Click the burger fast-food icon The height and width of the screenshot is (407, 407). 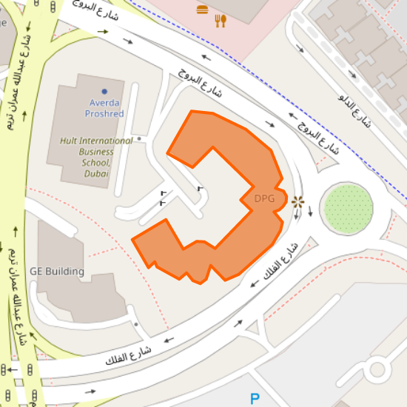(x=203, y=10)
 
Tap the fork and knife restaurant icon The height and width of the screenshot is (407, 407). (x=220, y=21)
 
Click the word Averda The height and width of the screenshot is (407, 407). (x=104, y=103)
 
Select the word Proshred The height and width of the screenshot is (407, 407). (x=104, y=114)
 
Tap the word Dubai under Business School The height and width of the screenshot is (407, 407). (x=96, y=173)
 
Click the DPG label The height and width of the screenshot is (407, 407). (x=263, y=198)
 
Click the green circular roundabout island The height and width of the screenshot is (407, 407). (x=347, y=209)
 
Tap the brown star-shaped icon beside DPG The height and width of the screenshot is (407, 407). (x=297, y=201)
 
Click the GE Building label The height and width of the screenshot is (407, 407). (x=57, y=272)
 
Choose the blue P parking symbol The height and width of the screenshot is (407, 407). (x=255, y=400)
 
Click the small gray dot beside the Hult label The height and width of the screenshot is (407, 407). (x=138, y=138)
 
